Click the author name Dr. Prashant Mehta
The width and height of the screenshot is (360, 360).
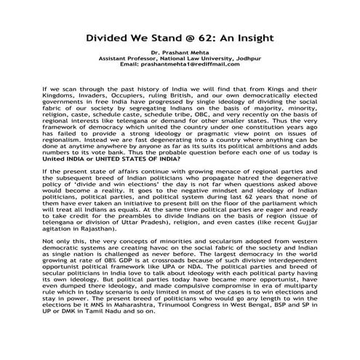[179, 53]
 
